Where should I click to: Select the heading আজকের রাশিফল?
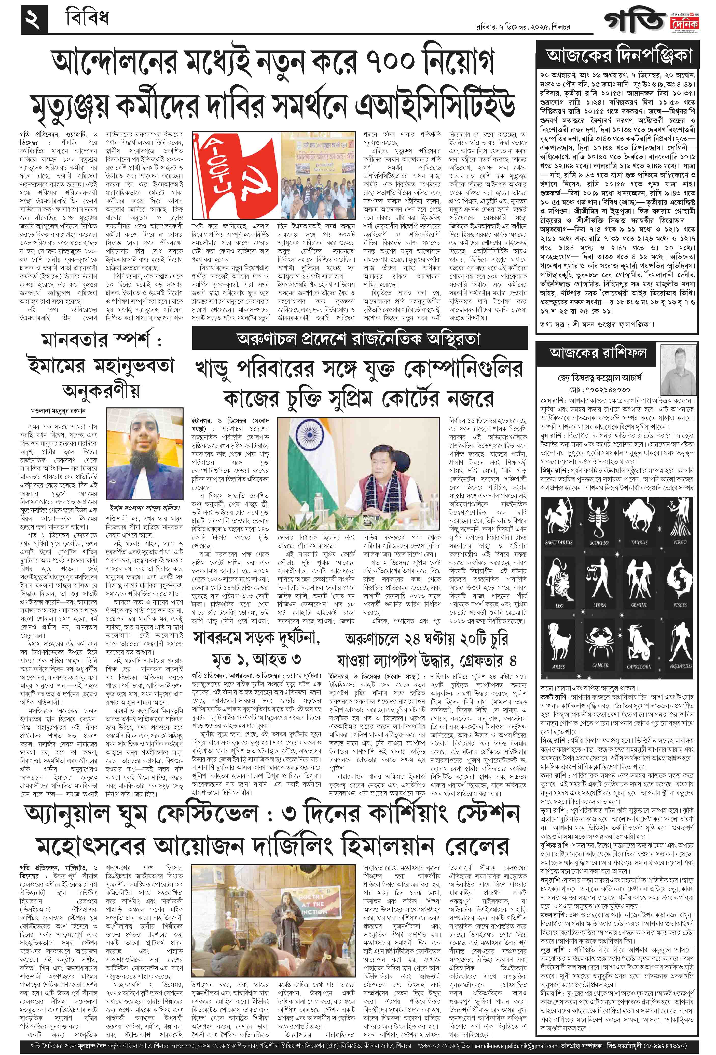598,352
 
